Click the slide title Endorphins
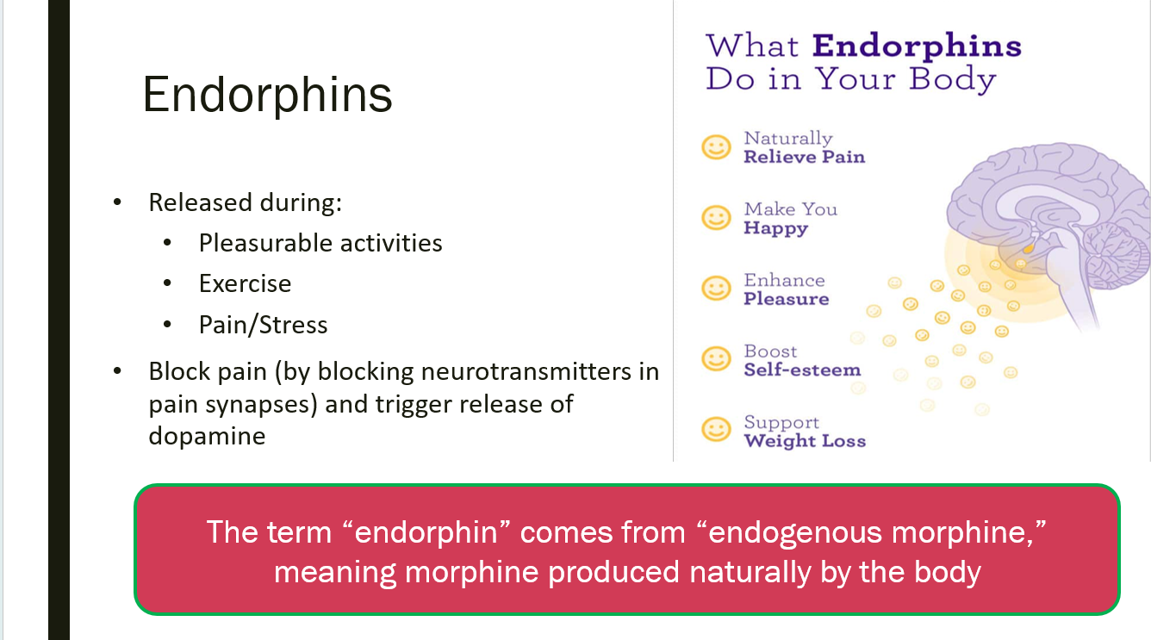click(267, 95)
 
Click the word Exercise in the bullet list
click(245, 283)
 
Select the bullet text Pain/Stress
click(263, 325)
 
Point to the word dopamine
click(207, 436)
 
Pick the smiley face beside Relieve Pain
click(716, 147)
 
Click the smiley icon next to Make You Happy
click(716, 218)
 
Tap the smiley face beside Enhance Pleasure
click(716, 289)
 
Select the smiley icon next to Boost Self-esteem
click(716, 358)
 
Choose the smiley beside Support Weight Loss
click(716, 429)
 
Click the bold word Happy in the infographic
click(776, 228)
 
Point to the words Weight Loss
click(806, 441)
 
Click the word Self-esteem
click(802, 370)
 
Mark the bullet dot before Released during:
click(117, 202)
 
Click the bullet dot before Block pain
click(117, 371)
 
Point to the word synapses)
click(262, 405)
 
